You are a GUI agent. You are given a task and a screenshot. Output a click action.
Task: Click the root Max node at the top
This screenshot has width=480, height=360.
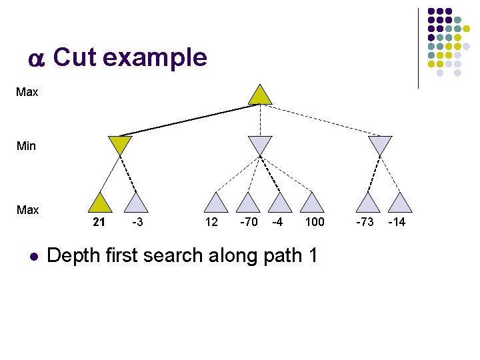[x=260, y=95]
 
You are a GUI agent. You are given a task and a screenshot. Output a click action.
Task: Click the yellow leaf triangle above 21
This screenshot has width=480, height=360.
[x=101, y=203]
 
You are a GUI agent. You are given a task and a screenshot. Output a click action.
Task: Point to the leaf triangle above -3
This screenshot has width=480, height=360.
[x=137, y=203]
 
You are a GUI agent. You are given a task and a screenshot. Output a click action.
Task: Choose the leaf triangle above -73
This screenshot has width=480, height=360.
[x=366, y=203]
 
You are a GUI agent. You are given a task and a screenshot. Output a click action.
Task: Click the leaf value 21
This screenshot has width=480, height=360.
[x=99, y=222]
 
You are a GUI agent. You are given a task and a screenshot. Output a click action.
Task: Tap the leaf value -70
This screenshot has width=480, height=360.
[x=249, y=222]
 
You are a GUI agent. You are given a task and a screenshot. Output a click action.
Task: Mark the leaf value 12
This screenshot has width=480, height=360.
[x=211, y=222]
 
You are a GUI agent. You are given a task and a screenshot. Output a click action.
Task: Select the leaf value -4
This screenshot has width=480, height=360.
[x=277, y=222]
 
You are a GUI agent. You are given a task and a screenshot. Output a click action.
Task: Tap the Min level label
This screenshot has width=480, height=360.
[x=26, y=145]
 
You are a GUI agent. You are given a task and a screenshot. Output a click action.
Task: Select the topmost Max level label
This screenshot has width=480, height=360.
[x=27, y=92]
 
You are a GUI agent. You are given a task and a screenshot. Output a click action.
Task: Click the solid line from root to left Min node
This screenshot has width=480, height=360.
[x=187, y=119]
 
